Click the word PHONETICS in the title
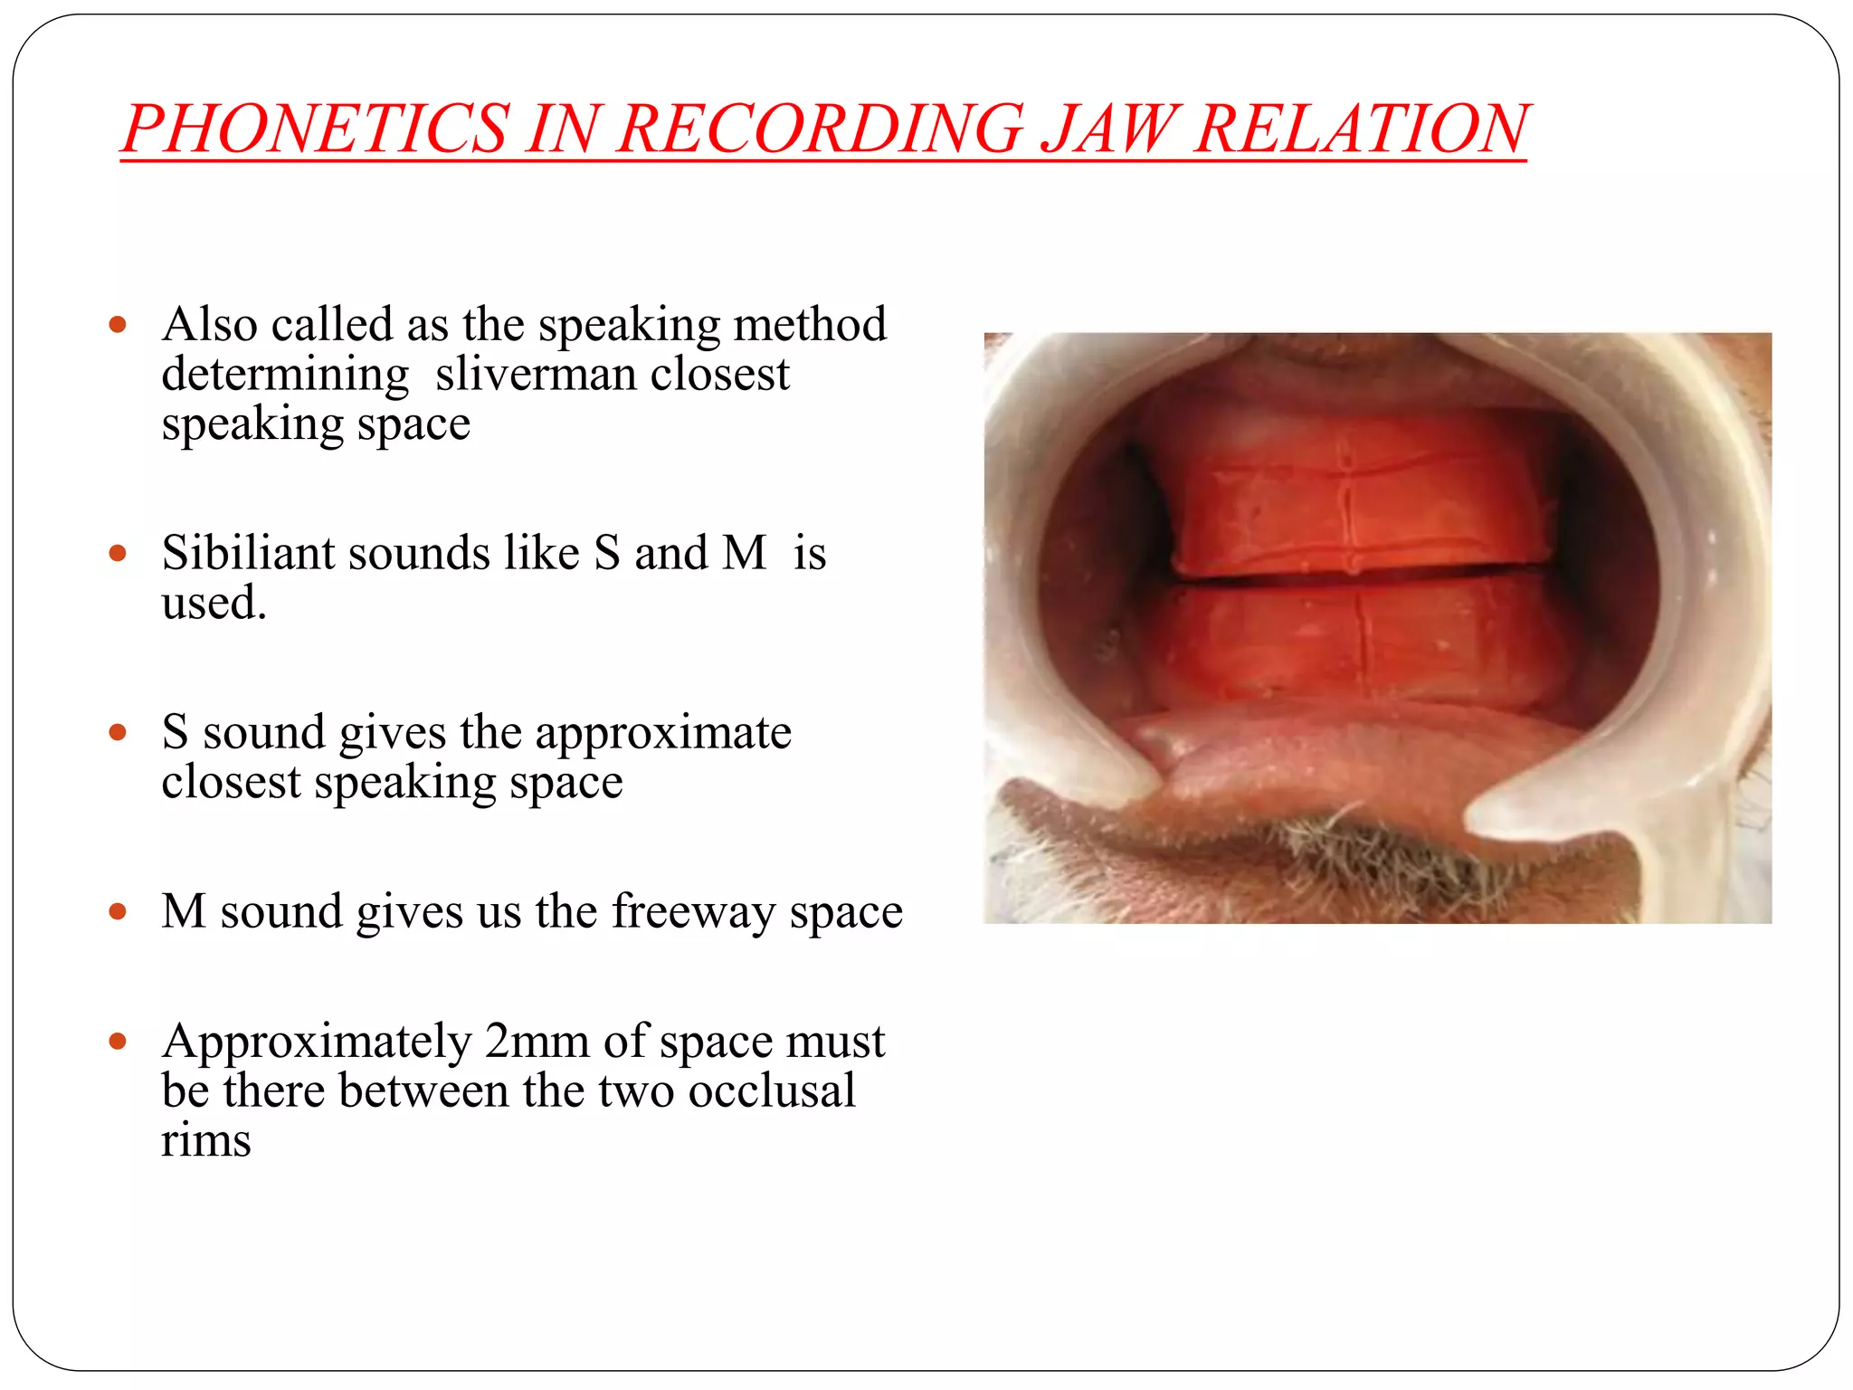click(317, 129)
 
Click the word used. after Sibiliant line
click(214, 603)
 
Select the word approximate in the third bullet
click(662, 732)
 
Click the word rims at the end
click(205, 1140)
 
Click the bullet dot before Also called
click(118, 324)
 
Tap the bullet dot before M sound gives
click(118, 911)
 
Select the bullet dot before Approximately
click(118, 1042)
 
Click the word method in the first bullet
click(809, 324)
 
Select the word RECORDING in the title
click(819, 129)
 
